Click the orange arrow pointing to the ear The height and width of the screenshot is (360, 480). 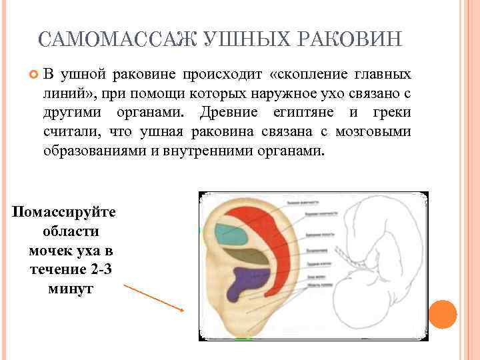click(153, 297)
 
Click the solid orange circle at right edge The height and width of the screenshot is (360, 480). click(443, 314)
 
